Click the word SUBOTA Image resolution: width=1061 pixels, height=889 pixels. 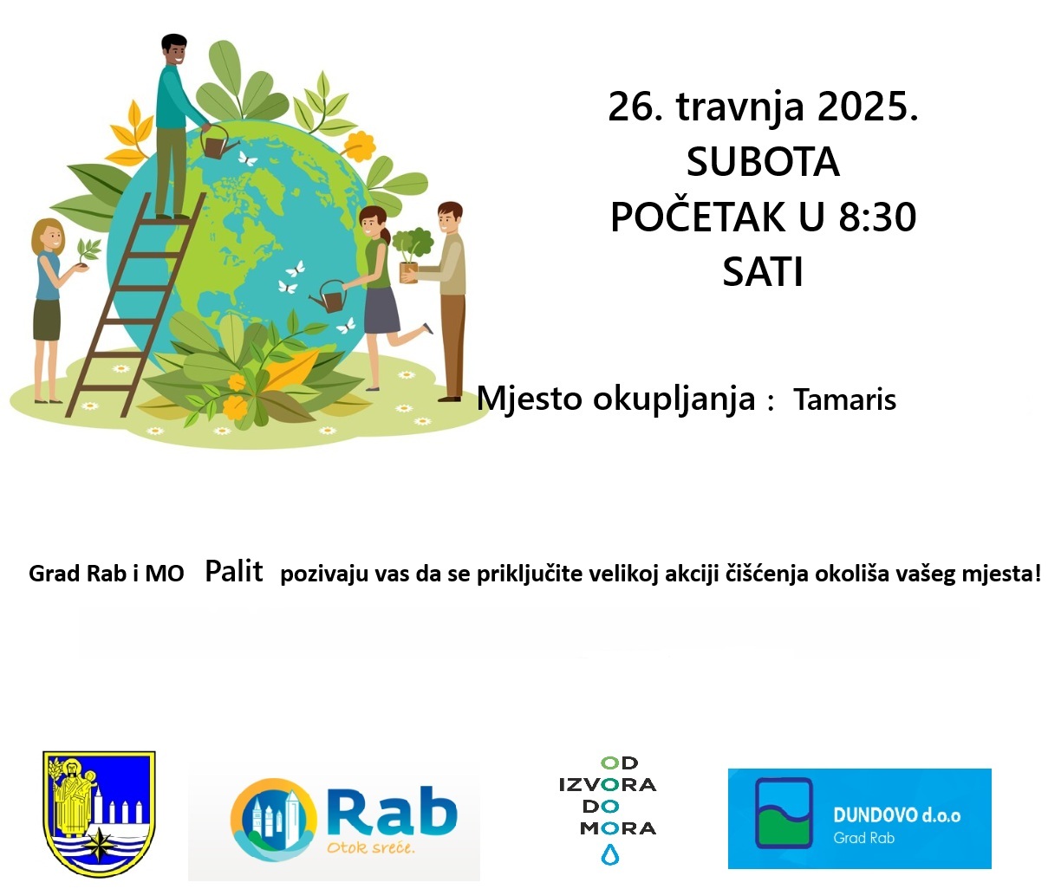[x=763, y=161]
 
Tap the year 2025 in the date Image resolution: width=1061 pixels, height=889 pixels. [x=868, y=107]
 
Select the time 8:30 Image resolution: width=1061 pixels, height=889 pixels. [x=877, y=217]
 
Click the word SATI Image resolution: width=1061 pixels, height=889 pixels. [x=763, y=272]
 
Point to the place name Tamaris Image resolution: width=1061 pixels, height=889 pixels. [x=844, y=399]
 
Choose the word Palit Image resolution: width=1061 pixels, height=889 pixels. [x=234, y=571]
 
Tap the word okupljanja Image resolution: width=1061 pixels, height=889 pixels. [x=674, y=399]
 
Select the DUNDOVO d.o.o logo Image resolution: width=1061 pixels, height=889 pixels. [x=859, y=819]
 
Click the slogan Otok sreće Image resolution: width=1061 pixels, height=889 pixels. [x=371, y=848]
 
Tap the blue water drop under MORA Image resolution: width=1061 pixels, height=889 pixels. [x=609, y=854]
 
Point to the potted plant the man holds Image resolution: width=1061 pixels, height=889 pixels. [x=412, y=255]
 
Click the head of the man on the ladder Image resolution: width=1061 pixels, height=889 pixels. [x=174, y=49]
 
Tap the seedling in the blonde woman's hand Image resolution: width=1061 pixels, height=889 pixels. [x=88, y=252]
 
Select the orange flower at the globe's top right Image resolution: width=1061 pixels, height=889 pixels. [x=359, y=146]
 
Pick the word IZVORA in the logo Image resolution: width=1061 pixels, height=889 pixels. [x=608, y=785]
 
